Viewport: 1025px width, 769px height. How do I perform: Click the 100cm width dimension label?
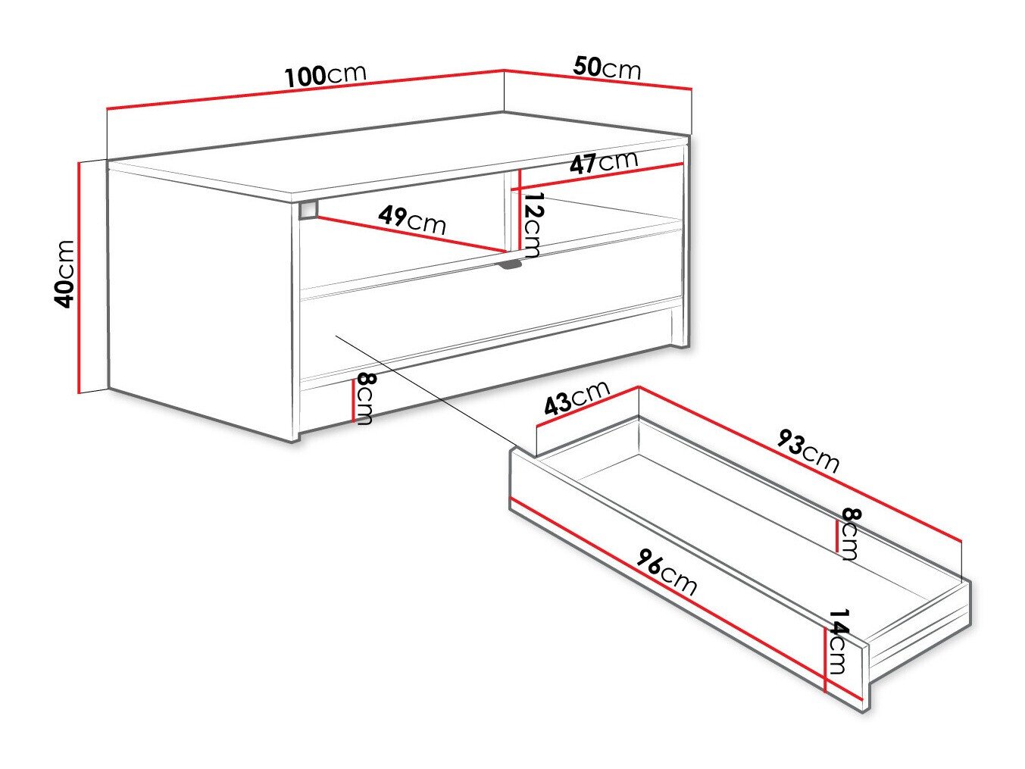326,74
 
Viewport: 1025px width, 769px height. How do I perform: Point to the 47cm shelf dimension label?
603,163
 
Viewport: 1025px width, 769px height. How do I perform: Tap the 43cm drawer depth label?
577,398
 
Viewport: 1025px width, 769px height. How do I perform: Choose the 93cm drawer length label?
808,452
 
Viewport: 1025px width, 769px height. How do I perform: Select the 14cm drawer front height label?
837,640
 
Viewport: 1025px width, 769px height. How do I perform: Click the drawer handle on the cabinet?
511,264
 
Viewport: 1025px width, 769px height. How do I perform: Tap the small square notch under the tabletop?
308,209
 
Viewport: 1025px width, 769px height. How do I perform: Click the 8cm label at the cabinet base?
364,399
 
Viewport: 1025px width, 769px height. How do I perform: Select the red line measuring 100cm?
303,90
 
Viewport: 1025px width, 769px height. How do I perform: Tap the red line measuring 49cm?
409,234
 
